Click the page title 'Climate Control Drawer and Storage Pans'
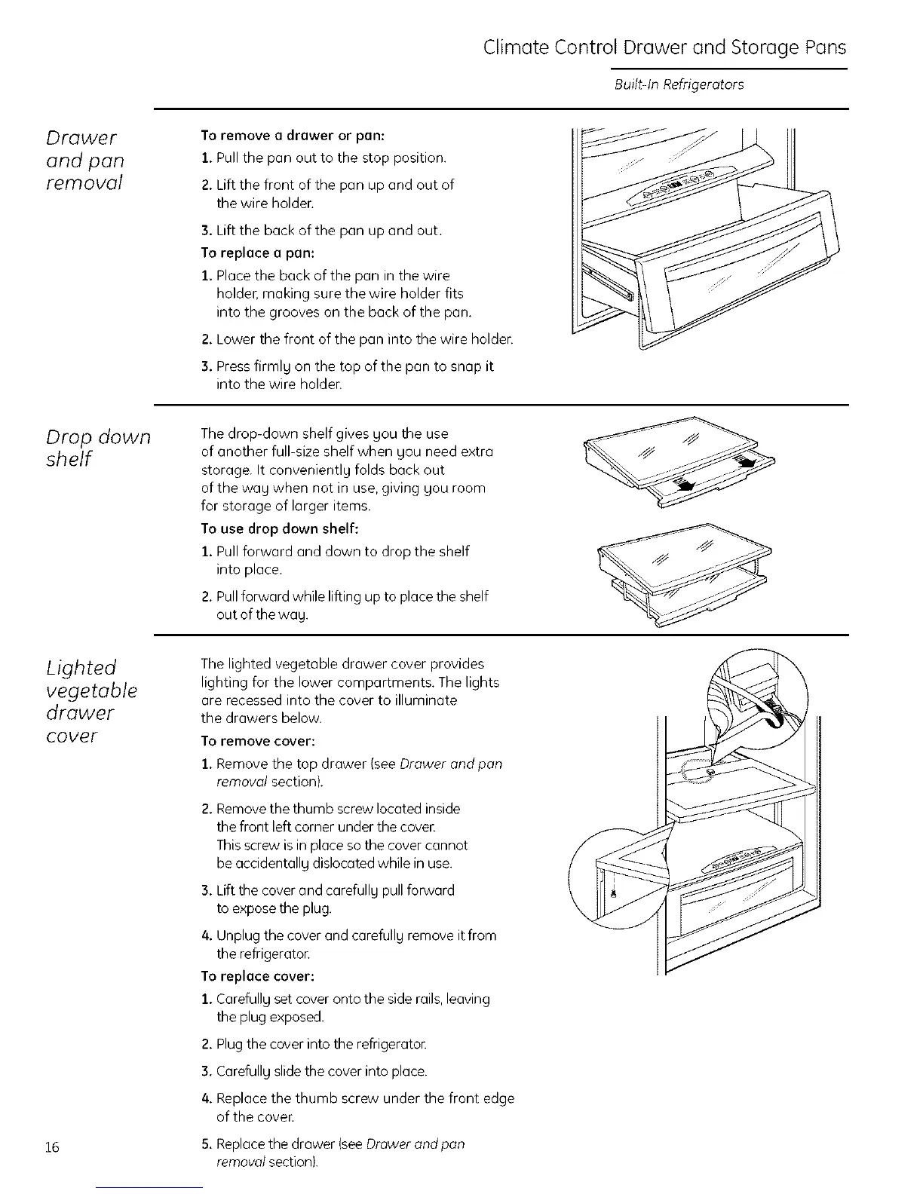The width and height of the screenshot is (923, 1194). (x=664, y=48)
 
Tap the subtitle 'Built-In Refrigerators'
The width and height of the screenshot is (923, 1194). (x=679, y=84)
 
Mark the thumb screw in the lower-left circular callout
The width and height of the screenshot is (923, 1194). (x=614, y=894)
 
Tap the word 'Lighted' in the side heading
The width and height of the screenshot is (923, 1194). (x=81, y=668)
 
